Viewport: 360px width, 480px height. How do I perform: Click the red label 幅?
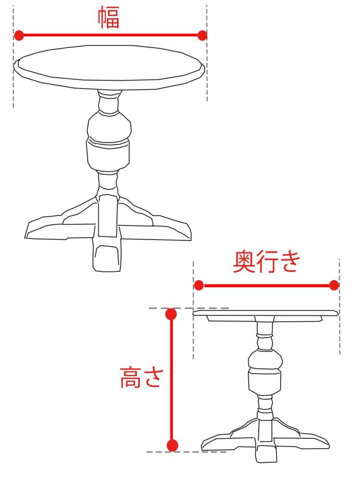click(x=109, y=18)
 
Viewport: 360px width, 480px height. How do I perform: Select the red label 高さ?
click(x=140, y=378)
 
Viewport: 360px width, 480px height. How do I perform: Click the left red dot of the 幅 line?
click(x=19, y=35)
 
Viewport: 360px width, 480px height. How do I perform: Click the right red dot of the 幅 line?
click(x=202, y=35)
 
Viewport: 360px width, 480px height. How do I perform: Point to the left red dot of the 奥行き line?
click(x=199, y=285)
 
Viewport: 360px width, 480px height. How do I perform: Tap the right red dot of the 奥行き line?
click(x=334, y=285)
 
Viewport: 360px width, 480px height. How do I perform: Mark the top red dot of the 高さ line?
click(x=171, y=314)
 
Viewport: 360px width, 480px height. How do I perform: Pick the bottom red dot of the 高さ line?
click(x=172, y=445)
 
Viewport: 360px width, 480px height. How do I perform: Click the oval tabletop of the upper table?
click(x=109, y=67)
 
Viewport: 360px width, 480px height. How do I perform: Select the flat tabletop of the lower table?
click(x=266, y=313)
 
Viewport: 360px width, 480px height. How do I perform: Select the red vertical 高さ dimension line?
click(x=172, y=380)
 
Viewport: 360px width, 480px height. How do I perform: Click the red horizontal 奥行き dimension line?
click(x=266, y=285)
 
